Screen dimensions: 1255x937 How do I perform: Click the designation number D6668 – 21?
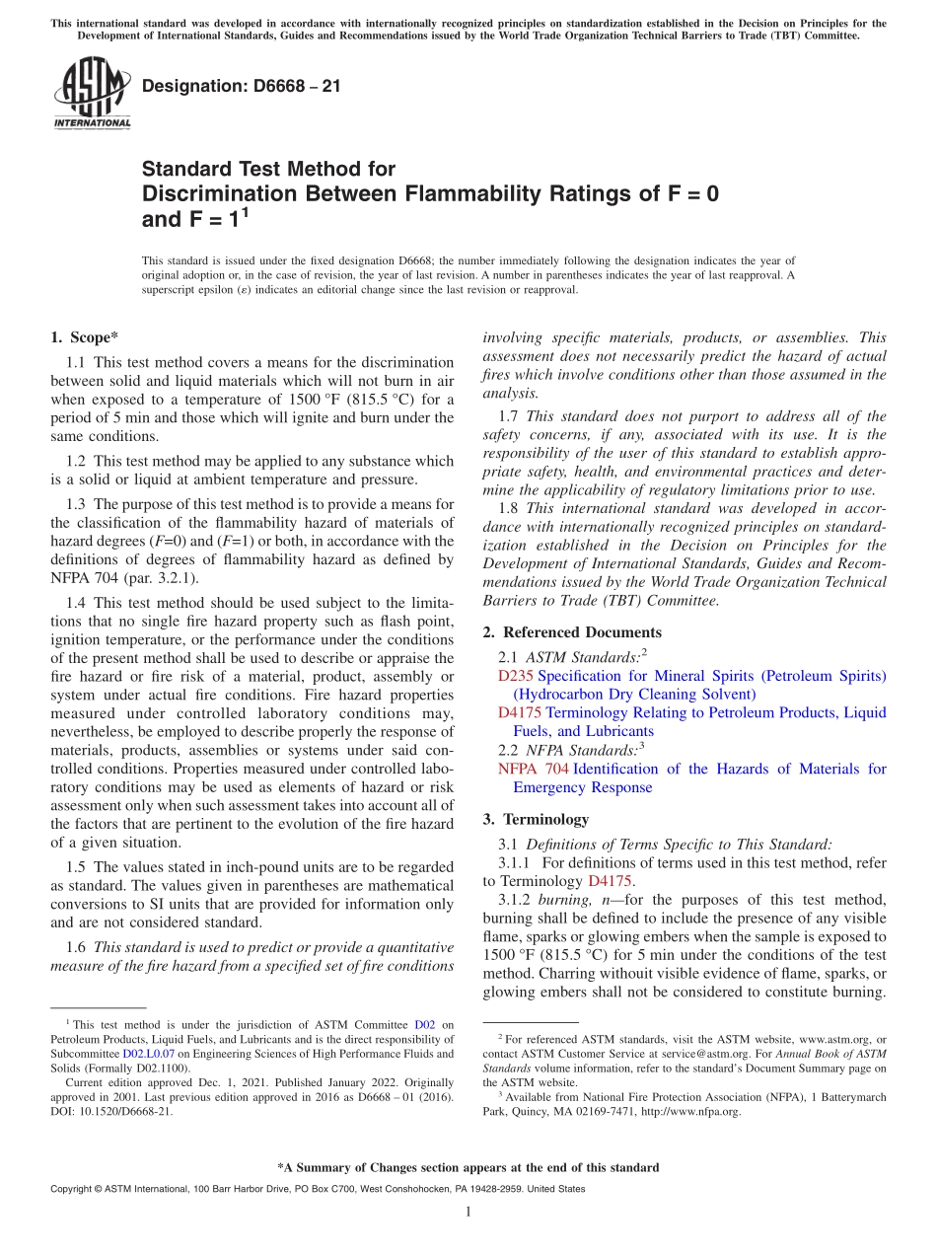(x=242, y=86)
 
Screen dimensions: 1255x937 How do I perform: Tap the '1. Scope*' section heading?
(x=86, y=336)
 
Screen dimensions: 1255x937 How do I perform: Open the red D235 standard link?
(x=516, y=676)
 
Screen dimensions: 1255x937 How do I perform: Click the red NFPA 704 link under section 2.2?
(x=533, y=769)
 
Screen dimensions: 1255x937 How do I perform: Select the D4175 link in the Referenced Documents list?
(x=520, y=712)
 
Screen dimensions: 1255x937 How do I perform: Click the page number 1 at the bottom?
(x=468, y=1212)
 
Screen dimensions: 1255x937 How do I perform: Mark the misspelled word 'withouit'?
(x=614, y=974)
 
